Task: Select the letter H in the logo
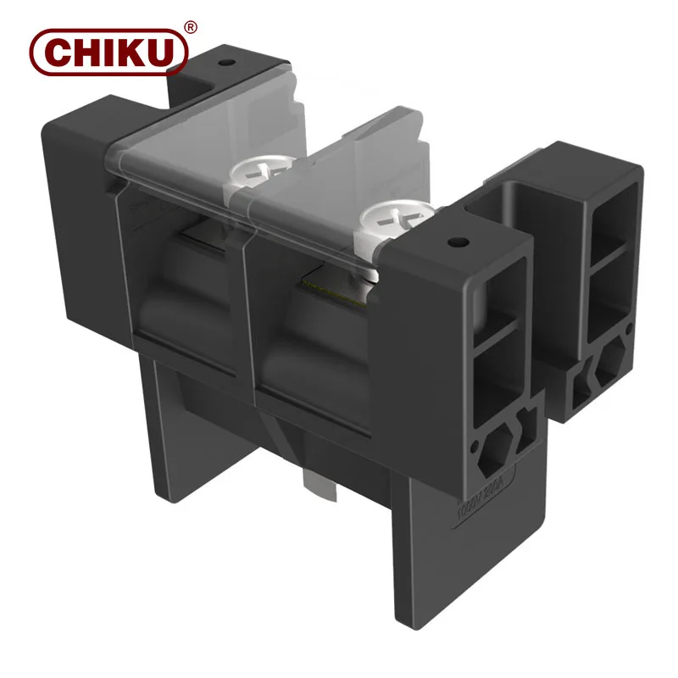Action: coord(86,53)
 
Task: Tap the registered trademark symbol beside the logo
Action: coord(191,27)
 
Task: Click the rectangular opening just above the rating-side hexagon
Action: coord(495,381)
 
